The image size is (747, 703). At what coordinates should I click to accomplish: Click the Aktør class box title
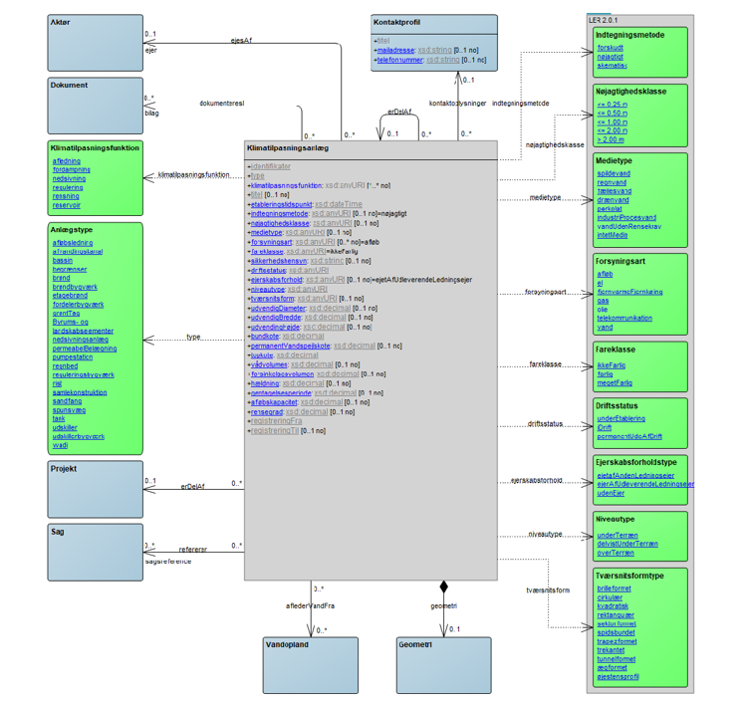pos(60,22)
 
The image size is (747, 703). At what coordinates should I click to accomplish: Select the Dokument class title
pos(69,85)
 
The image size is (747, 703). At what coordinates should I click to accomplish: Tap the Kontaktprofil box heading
pos(398,22)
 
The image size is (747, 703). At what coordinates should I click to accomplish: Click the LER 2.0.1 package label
pos(603,19)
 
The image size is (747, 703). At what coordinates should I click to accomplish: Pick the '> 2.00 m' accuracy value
pos(612,138)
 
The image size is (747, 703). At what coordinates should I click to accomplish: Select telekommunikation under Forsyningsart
pos(624,318)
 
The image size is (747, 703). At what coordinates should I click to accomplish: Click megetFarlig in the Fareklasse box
pos(615,382)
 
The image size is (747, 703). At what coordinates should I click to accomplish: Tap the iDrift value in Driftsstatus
pos(605,427)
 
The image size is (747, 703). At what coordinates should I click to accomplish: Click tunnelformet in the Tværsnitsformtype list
pos(617,658)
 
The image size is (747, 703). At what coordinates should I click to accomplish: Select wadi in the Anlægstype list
pos(60,445)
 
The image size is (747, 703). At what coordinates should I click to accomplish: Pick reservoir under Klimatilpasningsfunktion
pos(67,205)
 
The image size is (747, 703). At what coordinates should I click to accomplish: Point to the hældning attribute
pos(267,382)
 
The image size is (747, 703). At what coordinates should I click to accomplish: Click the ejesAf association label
pos(241,41)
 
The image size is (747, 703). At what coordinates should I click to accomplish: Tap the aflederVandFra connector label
pos(310,604)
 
